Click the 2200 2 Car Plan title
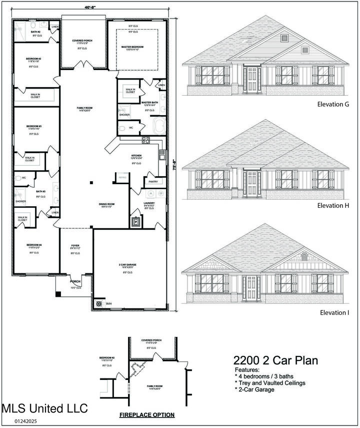coord(276,360)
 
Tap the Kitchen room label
coord(136,156)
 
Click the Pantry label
coord(153,182)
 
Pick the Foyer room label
coord(75,246)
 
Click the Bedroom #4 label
coord(34,245)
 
